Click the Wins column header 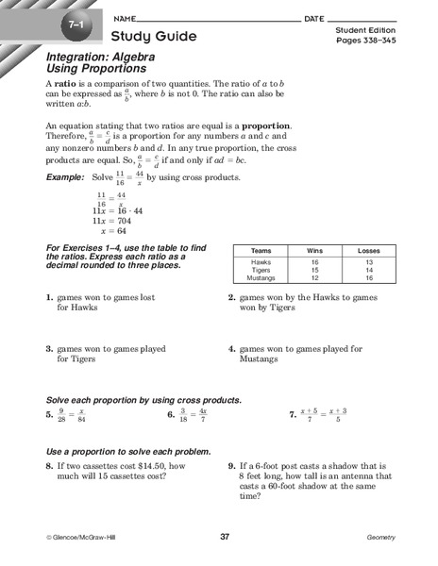pyautogui.click(x=316, y=250)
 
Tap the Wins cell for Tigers pyautogui.click(x=316, y=271)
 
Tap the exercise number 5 pyautogui.click(x=49, y=414)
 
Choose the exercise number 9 pyautogui.click(x=231, y=464)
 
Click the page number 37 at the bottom pyautogui.click(x=224, y=537)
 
